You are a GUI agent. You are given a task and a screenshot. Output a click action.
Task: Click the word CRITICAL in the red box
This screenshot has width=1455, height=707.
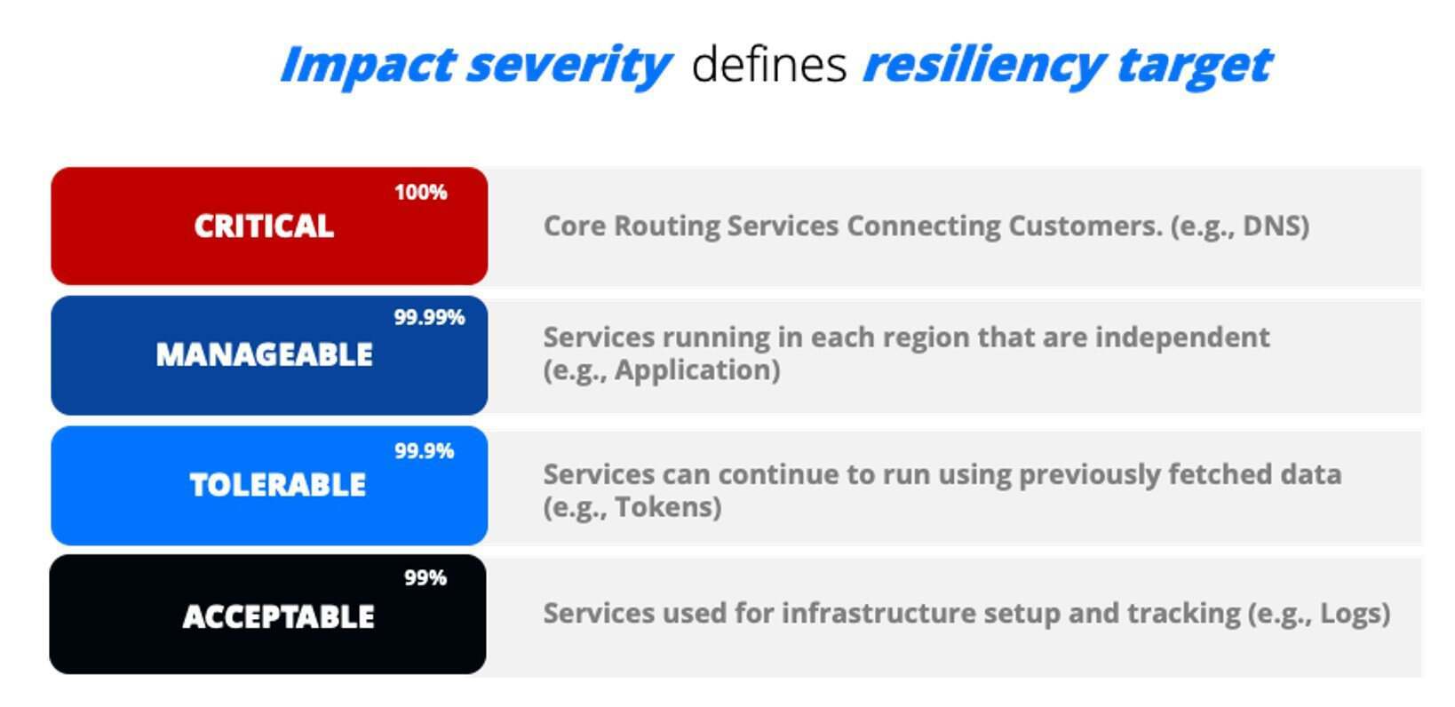click(264, 226)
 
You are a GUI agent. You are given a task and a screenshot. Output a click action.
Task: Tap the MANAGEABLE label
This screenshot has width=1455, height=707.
click(265, 354)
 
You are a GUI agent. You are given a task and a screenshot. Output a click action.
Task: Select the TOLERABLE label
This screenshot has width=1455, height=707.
click(277, 485)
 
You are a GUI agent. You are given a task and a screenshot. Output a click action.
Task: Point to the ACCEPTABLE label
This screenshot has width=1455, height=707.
click(279, 616)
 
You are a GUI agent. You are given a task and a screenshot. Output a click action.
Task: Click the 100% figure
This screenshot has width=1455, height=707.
click(421, 192)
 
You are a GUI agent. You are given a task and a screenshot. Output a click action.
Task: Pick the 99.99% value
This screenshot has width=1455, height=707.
click(429, 317)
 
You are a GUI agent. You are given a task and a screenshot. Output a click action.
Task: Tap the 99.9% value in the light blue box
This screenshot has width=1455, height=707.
click(425, 450)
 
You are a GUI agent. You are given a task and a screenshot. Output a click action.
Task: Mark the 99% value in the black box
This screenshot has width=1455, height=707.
click(425, 578)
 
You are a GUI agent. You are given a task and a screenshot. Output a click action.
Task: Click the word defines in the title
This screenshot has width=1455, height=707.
click(770, 65)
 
